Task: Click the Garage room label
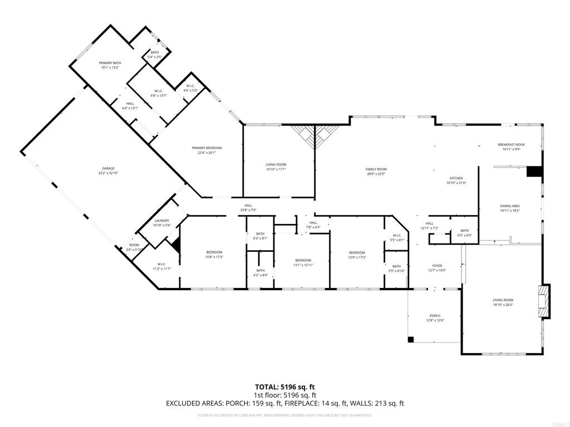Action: pos(108,168)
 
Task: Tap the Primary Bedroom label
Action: pos(207,148)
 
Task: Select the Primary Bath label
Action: pos(110,63)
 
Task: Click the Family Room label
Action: pos(376,169)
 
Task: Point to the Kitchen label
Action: pos(456,178)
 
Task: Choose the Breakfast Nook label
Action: pos(511,145)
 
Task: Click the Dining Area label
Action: pos(509,206)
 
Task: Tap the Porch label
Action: pos(435,316)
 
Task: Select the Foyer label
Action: pos(437,266)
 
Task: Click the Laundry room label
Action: pos(161,221)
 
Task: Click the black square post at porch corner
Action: pos(411,339)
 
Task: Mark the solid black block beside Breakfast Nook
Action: pos(534,171)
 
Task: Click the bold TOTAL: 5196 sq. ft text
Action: pos(284,387)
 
